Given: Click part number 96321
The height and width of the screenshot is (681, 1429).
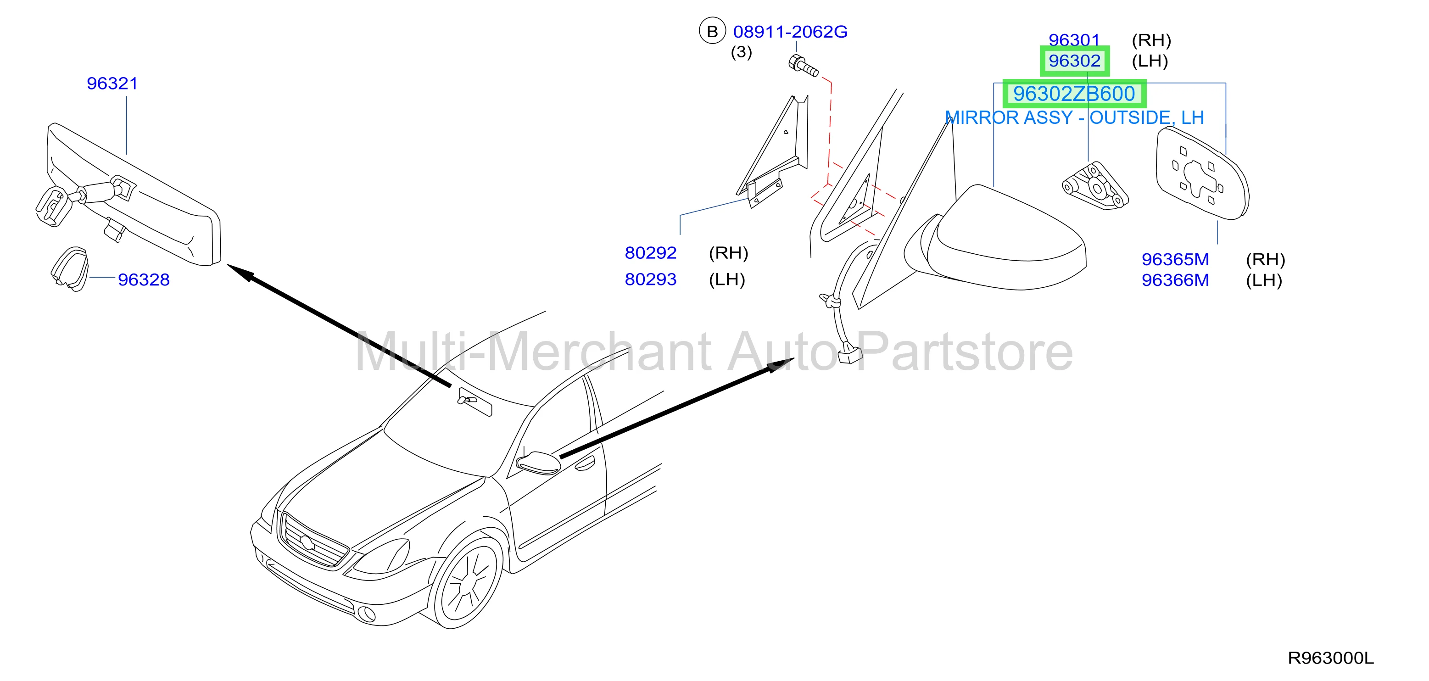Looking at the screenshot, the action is pyautogui.click(x=112, y=83).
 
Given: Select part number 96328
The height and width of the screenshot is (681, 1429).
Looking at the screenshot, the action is pyautogui.click(x=144, y=279).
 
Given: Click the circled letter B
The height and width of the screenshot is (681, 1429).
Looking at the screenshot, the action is pyautogui.click(x=712, y=31).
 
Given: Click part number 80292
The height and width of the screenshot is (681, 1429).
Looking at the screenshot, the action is pyautogui.click(x=650, y=253).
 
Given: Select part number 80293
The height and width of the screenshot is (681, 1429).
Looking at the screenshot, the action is pyautogui.click(x=650, y=279).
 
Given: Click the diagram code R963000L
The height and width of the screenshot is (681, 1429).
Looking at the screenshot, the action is pyautogui.click(x=1330, y=658).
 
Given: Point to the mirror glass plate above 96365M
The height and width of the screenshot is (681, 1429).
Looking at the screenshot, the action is pyautogui.click(x=1202, y=173).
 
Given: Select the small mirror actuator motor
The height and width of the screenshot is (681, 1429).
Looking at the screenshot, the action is pyautogui.click(x=1094, y=186).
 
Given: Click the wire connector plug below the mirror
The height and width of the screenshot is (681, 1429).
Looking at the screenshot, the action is pyautogui.click(x=849, y=353).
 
